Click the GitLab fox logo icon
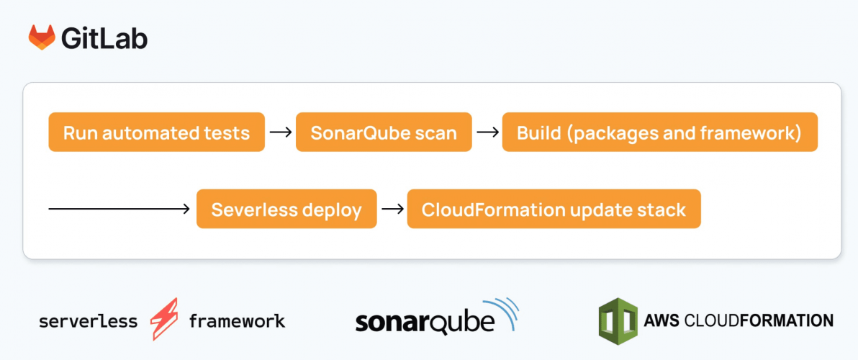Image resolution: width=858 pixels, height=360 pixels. coord(42,37)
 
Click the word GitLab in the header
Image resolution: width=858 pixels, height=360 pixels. coord(104,38)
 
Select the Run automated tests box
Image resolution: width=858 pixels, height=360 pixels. coord(156,132)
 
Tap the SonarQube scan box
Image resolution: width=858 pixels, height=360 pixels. coord(384,132)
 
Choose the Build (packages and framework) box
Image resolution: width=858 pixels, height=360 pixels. coord(659,132)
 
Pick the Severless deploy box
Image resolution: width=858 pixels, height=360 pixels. coord(286,210)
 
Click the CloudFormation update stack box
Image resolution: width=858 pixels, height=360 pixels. coord(554,210)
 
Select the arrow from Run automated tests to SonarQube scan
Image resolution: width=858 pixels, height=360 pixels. coord(280,132)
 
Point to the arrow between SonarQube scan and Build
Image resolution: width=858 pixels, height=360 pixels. coord(487,132)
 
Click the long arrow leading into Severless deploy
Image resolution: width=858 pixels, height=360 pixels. coord(119,210)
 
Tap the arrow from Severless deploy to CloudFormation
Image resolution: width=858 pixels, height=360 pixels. coord(392,210)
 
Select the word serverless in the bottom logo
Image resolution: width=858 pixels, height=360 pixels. coord(88,320)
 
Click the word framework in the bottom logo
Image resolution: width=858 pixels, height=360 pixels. coord(237,320)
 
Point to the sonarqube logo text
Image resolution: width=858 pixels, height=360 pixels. coord(425,322)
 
